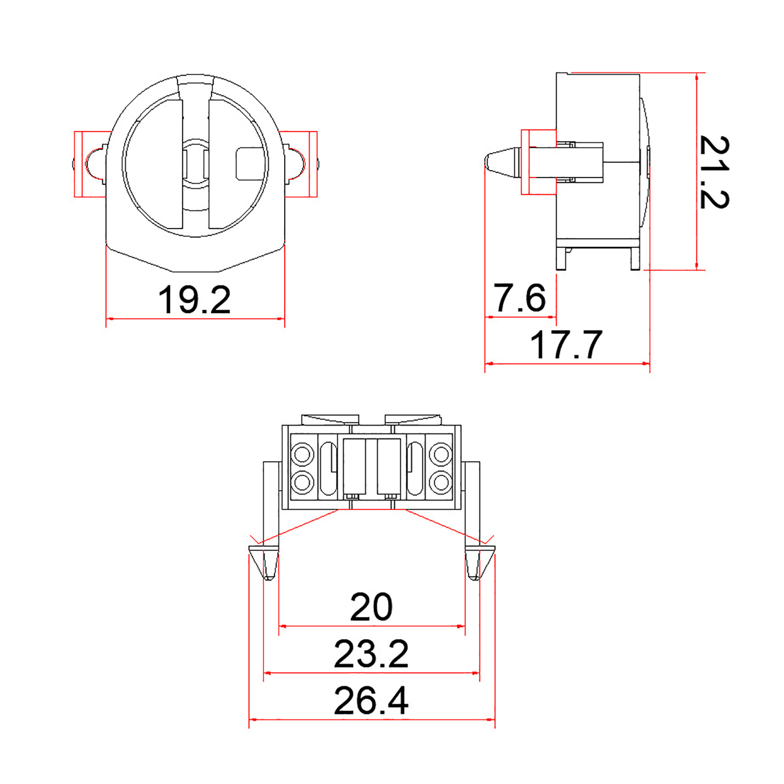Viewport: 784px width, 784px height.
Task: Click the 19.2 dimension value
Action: [194, 299]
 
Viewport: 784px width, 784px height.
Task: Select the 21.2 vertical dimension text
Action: [714, 172]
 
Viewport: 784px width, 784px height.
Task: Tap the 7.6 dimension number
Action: [519, 297]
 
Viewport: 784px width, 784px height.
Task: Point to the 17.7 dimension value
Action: [566, 344]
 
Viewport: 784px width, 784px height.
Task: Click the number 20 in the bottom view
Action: [371, 607]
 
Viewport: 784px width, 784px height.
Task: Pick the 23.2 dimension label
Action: [371, 654]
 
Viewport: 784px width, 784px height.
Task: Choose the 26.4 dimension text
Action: [371, 701]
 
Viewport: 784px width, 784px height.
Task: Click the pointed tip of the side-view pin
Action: [486, 162]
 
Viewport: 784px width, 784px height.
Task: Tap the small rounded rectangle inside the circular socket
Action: [250, 164]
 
